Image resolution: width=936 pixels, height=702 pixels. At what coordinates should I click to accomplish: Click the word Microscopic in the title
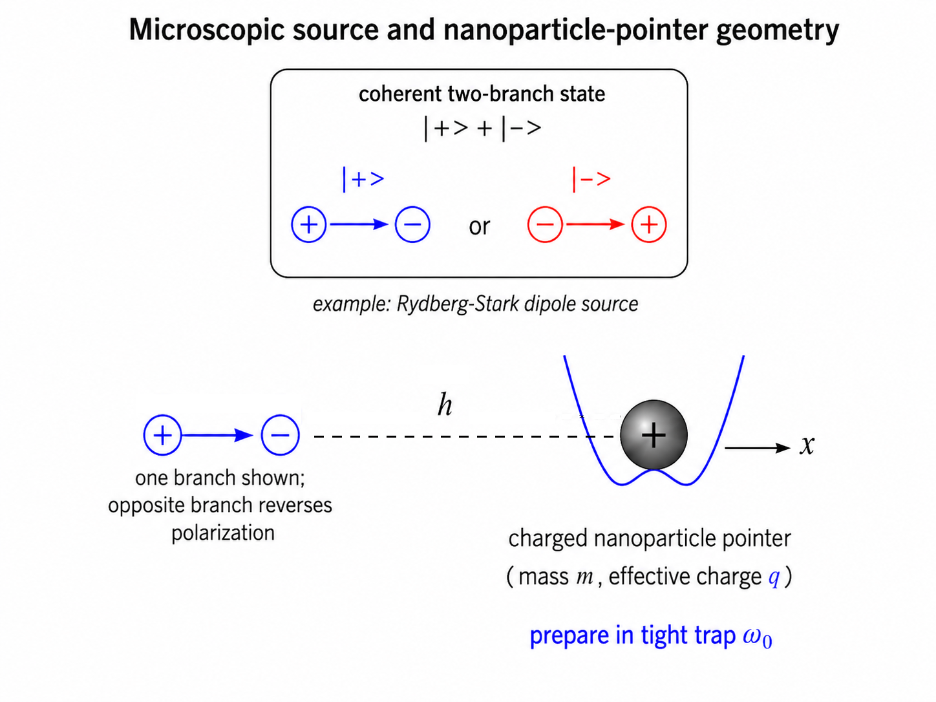206,30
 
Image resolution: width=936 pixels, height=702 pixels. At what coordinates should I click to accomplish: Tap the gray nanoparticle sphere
654,435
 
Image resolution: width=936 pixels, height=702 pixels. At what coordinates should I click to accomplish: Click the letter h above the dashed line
445,404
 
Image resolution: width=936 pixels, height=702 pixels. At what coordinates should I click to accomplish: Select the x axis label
807,446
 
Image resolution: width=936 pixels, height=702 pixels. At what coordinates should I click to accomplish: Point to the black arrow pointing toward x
758,448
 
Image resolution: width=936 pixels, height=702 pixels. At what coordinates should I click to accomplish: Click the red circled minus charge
545,224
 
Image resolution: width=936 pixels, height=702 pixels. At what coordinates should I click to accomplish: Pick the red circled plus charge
649,224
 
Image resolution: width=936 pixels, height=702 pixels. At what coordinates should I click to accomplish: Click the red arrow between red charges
596,224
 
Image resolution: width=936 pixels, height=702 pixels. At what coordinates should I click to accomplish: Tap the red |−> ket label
591,180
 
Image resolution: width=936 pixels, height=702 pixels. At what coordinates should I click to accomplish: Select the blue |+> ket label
363,180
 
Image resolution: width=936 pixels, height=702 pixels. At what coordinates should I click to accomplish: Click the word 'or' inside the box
479,226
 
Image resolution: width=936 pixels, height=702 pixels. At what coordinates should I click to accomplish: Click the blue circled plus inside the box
309,224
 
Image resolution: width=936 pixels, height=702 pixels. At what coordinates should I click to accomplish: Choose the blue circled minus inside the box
412,224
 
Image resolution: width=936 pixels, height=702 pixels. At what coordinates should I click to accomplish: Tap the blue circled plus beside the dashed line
162,435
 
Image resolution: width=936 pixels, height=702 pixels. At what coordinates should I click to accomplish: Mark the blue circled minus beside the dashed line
280,435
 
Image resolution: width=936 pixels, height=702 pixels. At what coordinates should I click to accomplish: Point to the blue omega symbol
752,636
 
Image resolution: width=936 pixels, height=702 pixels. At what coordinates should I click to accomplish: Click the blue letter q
774,577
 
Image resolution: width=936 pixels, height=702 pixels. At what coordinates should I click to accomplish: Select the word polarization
223,533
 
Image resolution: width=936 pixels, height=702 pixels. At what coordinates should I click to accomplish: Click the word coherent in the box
400,94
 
